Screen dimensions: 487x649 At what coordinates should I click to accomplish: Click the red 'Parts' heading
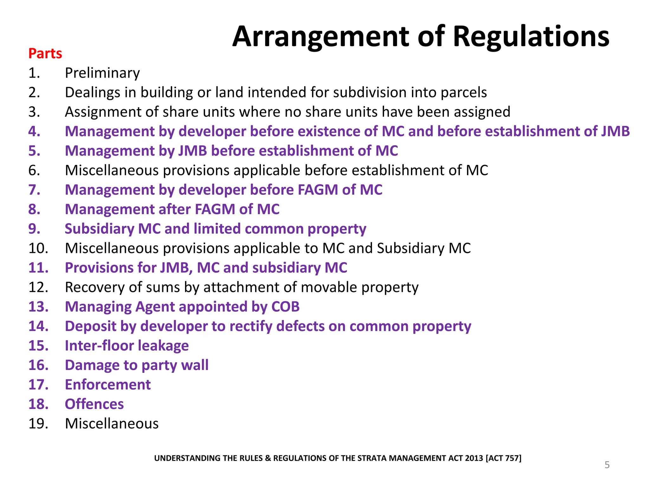click(x=45, y=54)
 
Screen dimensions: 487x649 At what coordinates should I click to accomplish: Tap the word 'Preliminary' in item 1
click(x=102, y=73)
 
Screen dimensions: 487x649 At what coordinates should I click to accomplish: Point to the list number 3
click(x=34, y=112)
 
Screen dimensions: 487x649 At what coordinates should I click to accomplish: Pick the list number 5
click(x=34, y=151)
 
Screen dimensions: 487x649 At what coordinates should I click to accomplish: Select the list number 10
click(x=38, y=248)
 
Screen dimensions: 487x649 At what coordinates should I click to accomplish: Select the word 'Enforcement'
click(x=108, y=385)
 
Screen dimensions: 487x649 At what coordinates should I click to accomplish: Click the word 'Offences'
click(x=94, y=404)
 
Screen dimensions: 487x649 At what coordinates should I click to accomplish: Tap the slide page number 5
click(x=607, y=465)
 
